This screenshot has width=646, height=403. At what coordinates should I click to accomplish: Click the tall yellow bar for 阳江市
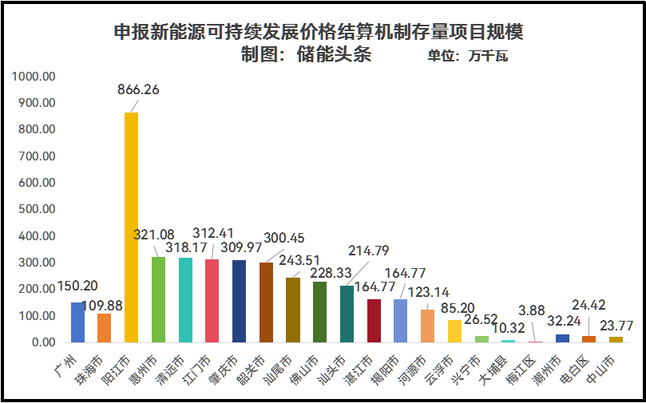point(131,227)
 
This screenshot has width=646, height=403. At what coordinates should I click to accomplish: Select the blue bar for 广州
point(77,322)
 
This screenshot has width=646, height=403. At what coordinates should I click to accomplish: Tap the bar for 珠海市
point(104,328)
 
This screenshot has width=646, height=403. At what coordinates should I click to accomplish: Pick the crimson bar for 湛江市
point(374,321)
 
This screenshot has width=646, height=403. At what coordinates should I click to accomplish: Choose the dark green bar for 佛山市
point(319,312)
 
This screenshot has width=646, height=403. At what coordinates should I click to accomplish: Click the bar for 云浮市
point(454,331)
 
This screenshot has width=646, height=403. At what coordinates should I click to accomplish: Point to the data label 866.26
point(138,89)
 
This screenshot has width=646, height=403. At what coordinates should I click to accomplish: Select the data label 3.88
point(532,309)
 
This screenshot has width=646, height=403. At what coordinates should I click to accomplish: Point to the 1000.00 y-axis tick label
point(33,77)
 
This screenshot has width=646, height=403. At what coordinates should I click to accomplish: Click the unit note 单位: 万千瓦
point(467,56)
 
